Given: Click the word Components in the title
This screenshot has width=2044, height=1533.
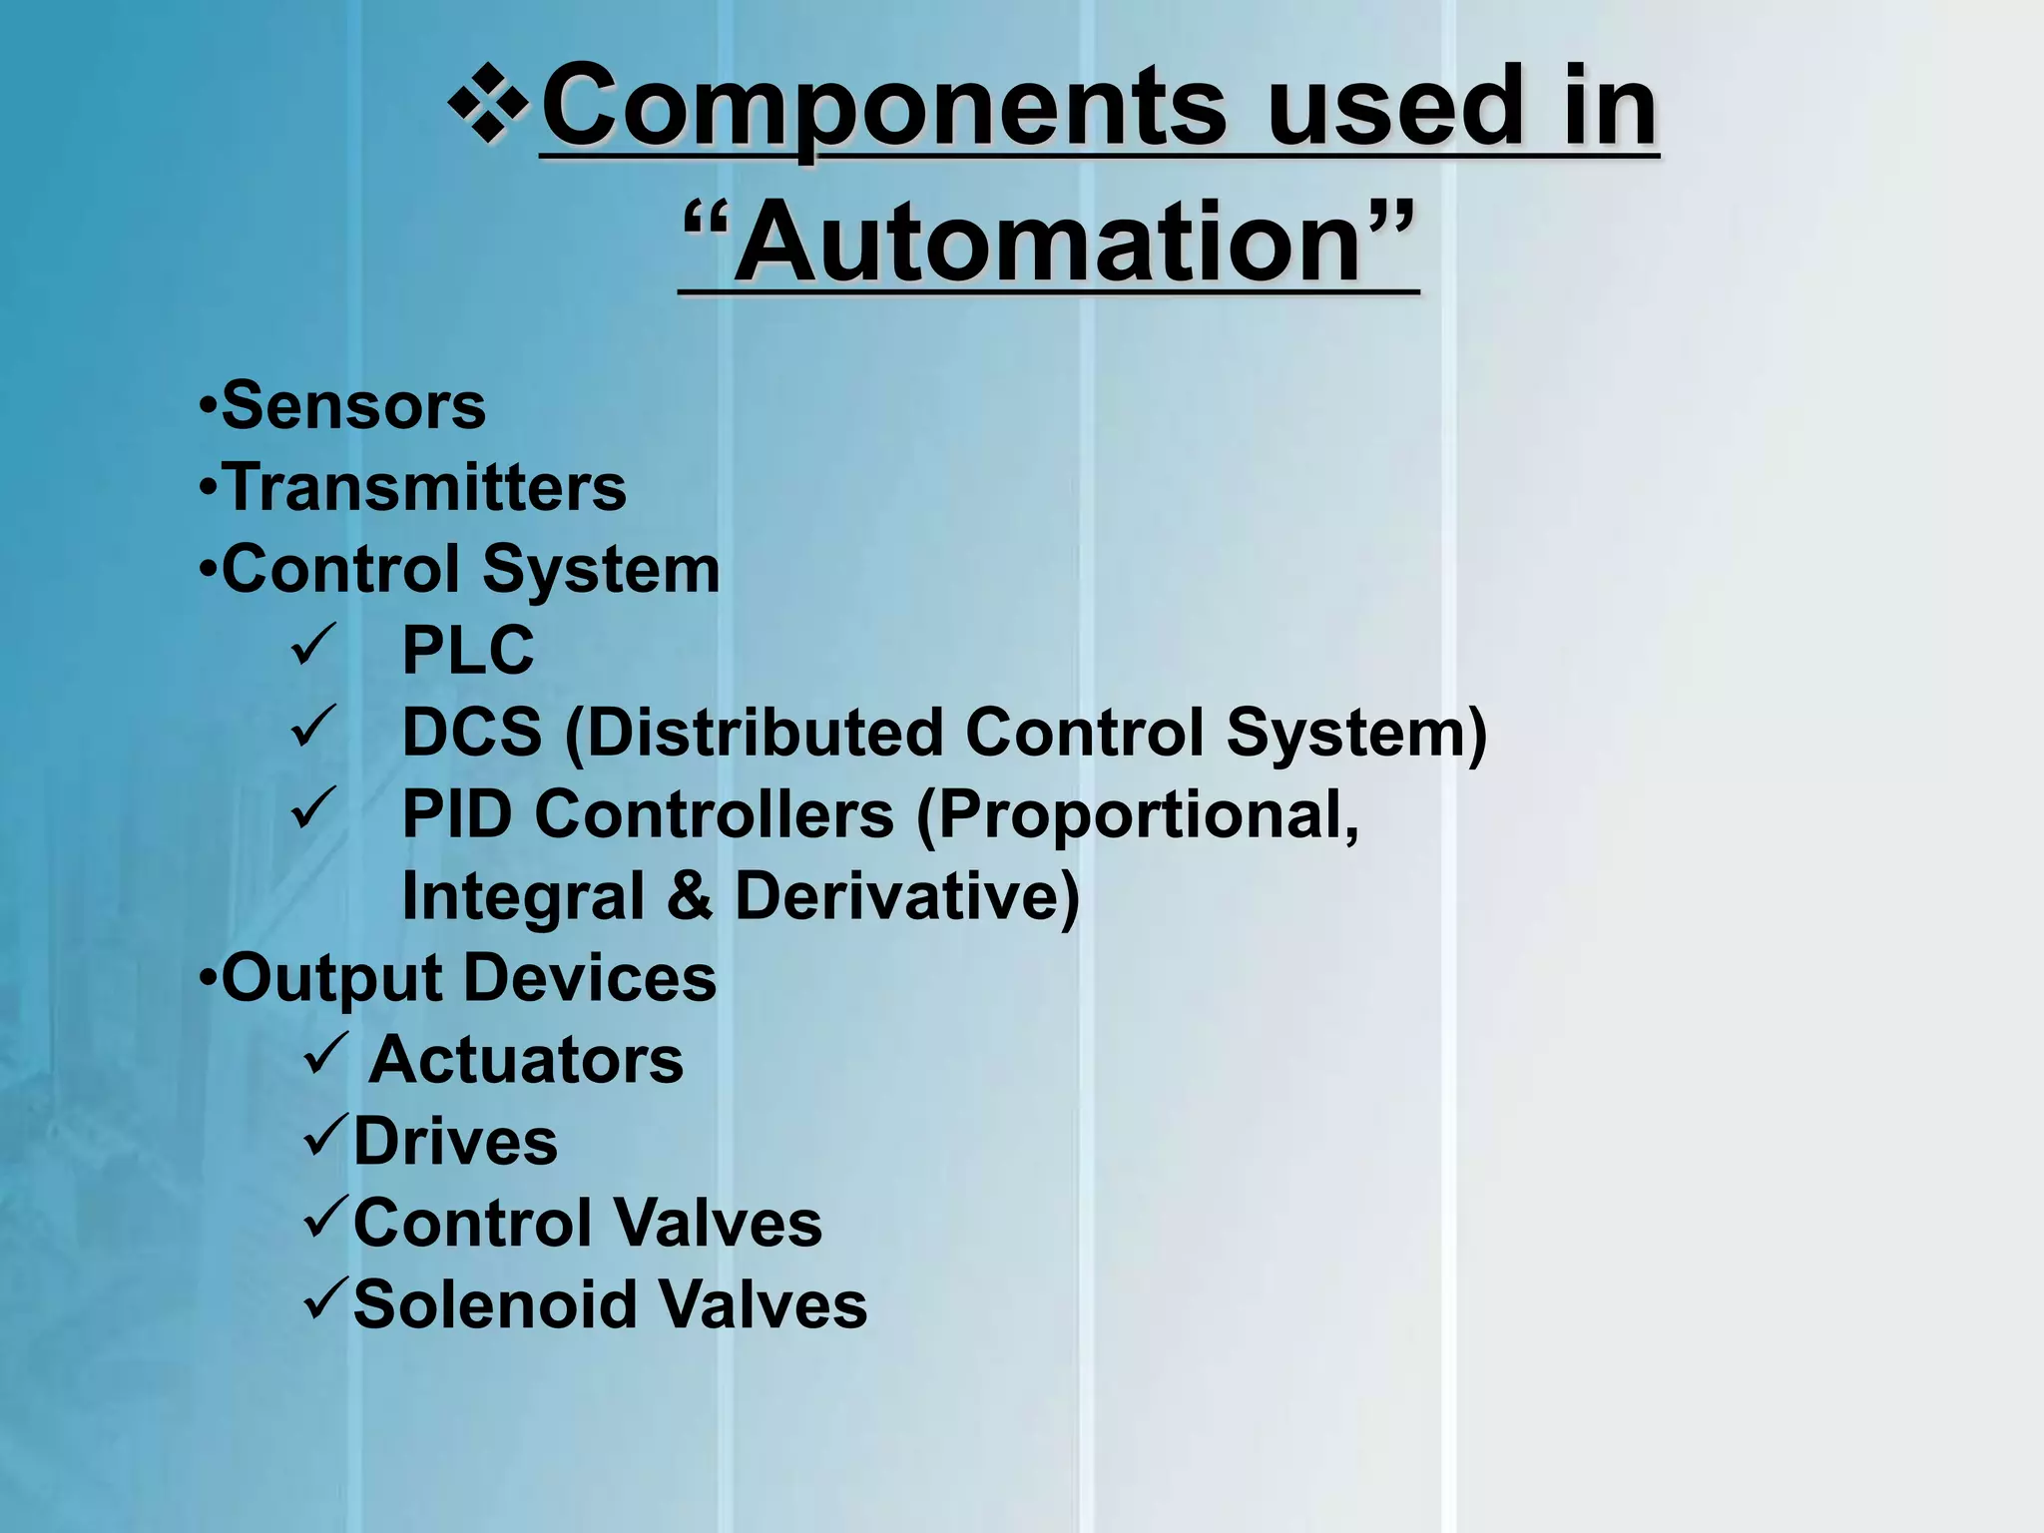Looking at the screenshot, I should (882, 108).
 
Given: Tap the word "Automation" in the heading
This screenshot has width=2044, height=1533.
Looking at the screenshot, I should (1048, 243).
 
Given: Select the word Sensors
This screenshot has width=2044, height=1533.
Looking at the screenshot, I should (353, 406).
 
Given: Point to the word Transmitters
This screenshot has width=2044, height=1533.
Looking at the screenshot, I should (424, 488).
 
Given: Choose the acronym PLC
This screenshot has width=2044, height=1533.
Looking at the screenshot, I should (467, 651).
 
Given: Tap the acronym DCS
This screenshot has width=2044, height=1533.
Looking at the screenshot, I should (471, 733).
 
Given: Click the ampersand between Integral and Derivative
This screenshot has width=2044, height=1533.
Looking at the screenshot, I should (690, 896).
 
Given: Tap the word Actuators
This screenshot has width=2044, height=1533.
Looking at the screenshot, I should (526, 1060).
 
